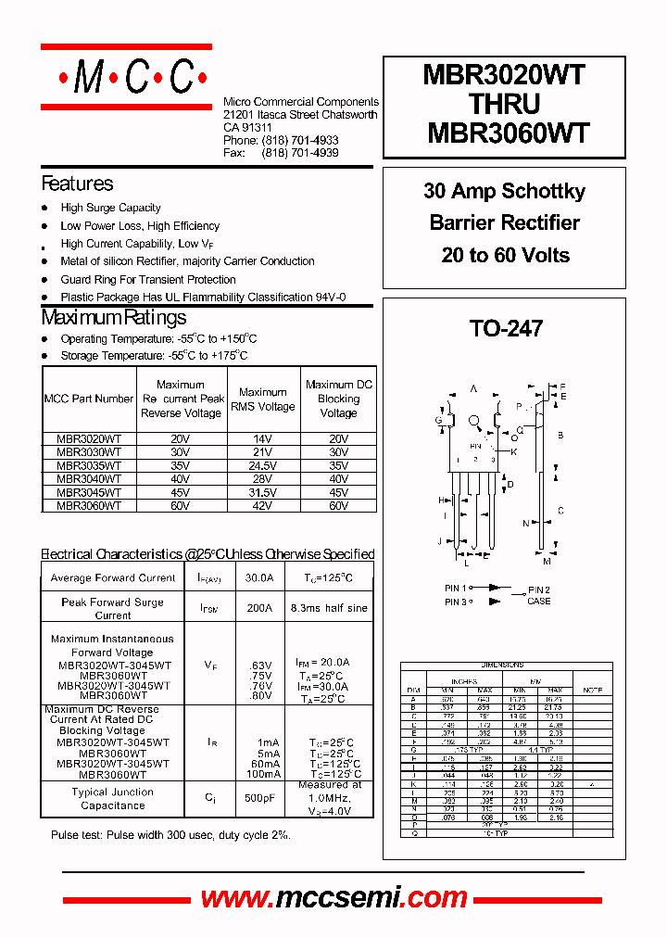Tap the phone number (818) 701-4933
tap(299, 140)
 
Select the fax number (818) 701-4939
tap(299, 153)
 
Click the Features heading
tap(77, 184)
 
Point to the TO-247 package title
tap(506, 328)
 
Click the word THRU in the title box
tap(506, 104)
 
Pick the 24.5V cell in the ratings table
tap(262, 465)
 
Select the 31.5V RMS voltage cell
tap(262, 492)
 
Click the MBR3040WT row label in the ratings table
tap(89, 479)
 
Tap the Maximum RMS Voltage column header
tap(262, 399)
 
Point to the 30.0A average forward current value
tap(258, 577)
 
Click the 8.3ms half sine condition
tap(328, 608)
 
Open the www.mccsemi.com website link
tap(333, 897)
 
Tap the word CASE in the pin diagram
tap(538, 602)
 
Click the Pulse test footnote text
tap(170, 835)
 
